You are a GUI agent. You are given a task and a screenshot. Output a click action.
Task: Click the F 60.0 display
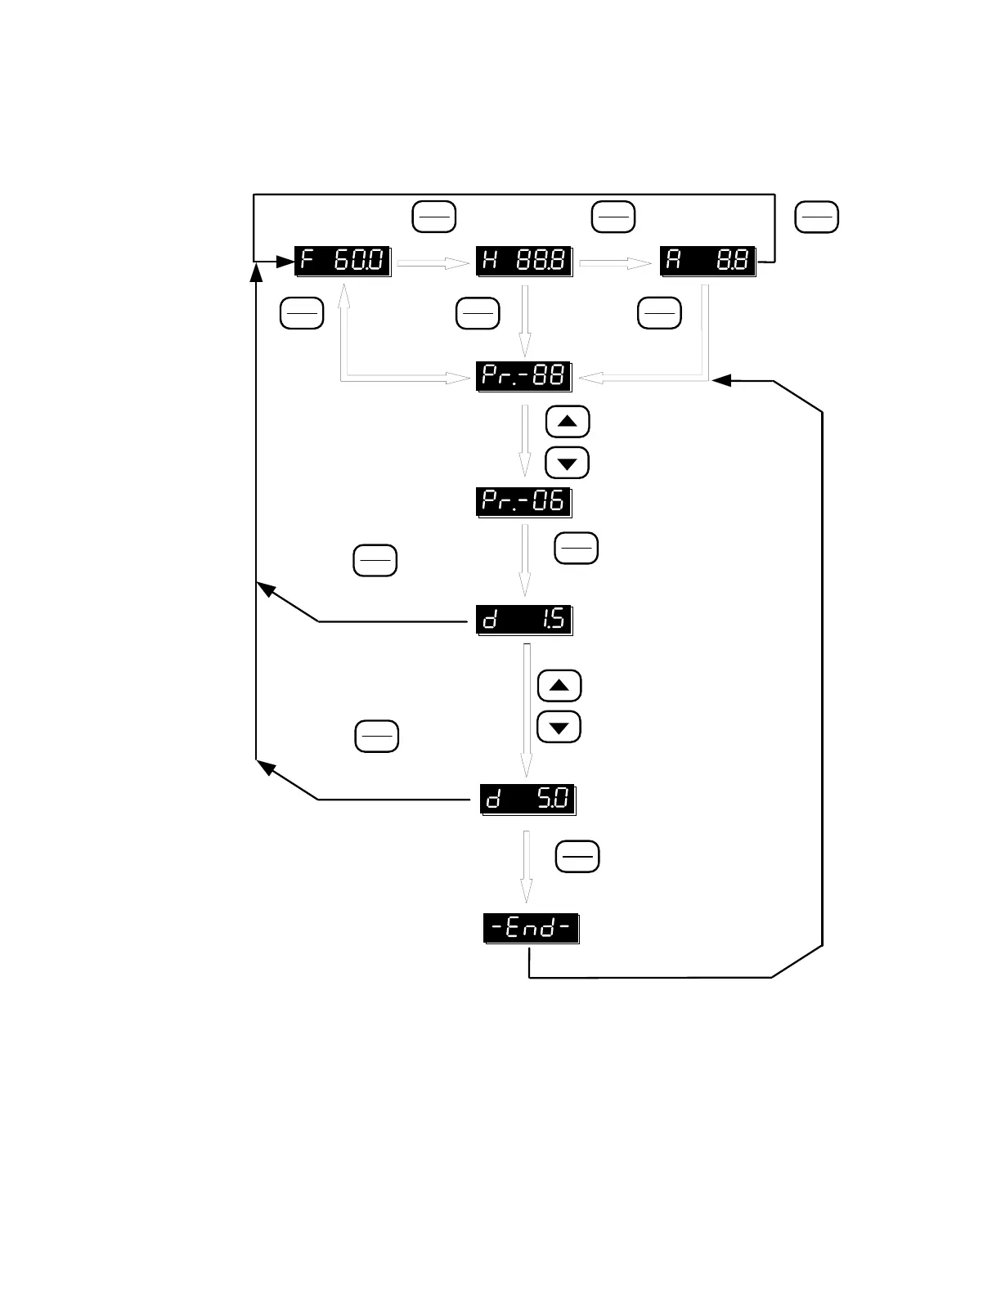[x=343, y=262]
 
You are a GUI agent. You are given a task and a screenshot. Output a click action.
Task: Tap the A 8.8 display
[x=707, y=262]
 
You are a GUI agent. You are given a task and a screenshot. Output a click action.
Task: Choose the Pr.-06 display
[x=523, y=501]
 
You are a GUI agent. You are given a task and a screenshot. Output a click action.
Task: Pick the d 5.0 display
[x=528, y=799]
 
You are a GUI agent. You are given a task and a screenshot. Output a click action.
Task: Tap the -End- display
[x=532, y=929]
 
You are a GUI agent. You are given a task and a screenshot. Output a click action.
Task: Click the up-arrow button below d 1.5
[x=559, y=686]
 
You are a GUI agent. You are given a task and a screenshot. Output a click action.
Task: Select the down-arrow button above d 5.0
[x=559, y=727]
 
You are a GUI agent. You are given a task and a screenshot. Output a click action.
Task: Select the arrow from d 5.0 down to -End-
[x=527, y=867]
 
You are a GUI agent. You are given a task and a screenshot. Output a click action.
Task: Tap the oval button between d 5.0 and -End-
[x=577, y=857]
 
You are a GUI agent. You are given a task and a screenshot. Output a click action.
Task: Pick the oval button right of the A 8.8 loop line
[x=817, y=217]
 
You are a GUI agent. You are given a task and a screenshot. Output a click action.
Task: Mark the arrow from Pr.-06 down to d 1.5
[x=525, y=560]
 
